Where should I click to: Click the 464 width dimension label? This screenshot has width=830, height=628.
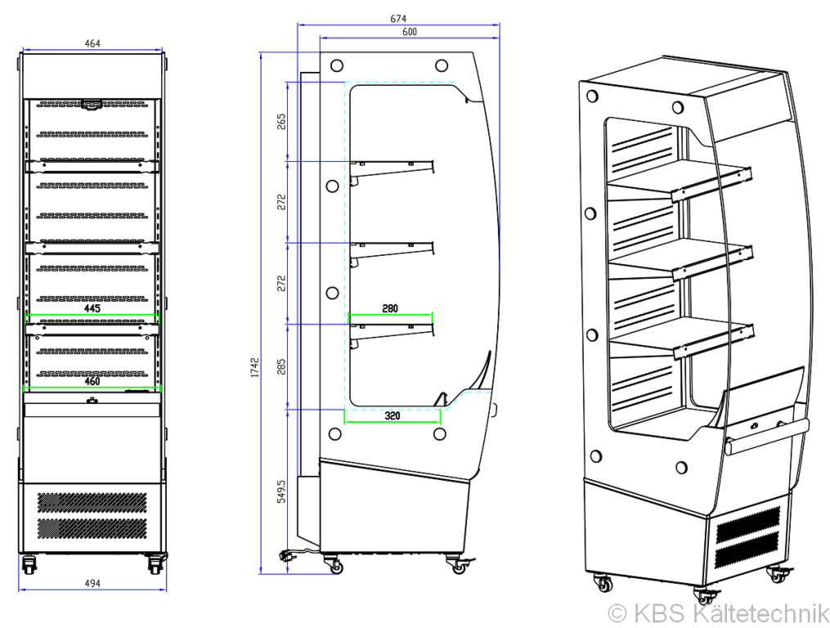coord(92,43)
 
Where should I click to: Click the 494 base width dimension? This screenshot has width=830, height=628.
coord(92,583)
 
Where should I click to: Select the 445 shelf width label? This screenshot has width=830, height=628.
coord(92,308)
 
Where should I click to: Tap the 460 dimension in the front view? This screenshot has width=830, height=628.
coord(92,381)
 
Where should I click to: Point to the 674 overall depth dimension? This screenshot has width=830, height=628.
coord(398,19)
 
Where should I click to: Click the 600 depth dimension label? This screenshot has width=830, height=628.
coord(410,32)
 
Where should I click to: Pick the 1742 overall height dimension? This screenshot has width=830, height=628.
coord(255,367)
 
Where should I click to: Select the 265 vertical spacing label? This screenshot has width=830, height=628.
coord(281,121)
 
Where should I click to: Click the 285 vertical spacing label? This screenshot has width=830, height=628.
coord(281,366)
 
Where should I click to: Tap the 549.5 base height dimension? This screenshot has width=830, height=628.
coord(281,492)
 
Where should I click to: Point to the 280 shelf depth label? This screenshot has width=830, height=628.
coord(390,309)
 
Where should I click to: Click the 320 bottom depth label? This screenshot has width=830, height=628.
coord(393,415)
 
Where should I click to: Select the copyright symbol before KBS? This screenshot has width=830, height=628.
coord(617,614)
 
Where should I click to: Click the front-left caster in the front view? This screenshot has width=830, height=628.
coord(29,564)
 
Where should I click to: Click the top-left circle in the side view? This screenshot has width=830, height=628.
coord(337,65)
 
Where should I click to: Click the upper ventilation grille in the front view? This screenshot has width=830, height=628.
coord(92,503)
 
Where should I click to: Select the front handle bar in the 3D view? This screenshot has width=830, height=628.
coord(768,437)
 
